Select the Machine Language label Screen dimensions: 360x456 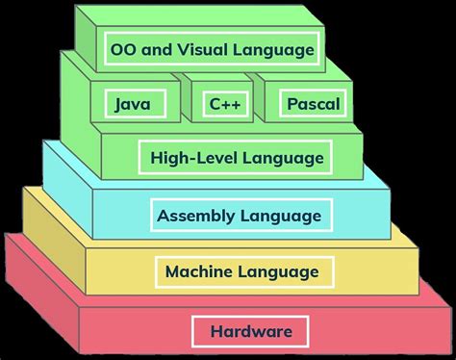(241, 272)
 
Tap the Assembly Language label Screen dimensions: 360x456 (241, 215)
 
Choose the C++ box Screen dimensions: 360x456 (220, 102)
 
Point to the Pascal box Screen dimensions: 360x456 (313, 102)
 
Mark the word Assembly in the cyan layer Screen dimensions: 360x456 (196, 215)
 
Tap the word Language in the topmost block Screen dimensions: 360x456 (283, 48)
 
